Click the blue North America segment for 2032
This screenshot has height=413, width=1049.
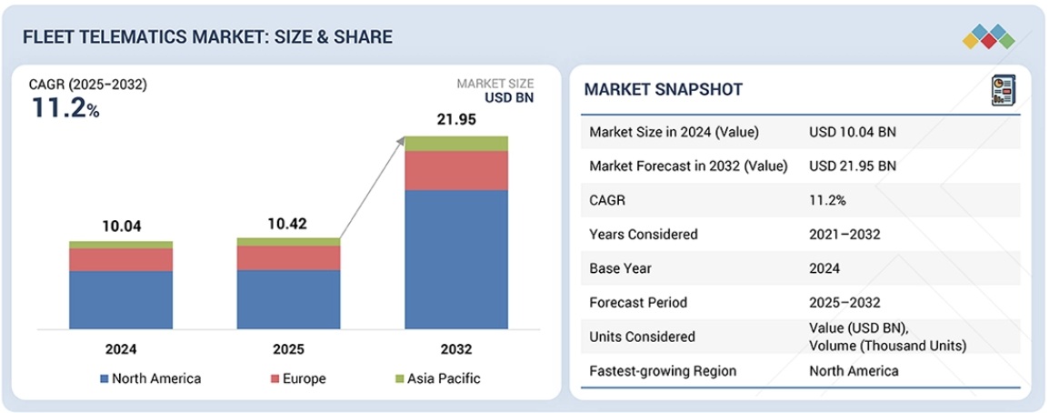pyautogui.click(x=456, y=259)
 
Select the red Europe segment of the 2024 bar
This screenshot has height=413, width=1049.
pyautogui.click(x=121, y=259)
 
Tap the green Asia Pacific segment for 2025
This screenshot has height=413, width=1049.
pyautogui.click(x=288, y=241)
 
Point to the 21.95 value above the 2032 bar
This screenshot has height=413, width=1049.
pyautogui.click(x=456, y=121)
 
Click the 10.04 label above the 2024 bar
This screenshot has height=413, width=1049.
pyautogui.click(x=121, y=227)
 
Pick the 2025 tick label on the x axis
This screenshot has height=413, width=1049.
pyautogui.click(x=288, y=348)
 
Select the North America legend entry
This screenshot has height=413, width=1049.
pyautogui.click(x=150, y=378)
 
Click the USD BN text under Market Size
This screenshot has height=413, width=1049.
pyautogui.click(x=508, y=98)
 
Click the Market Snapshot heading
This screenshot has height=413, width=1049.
pyautogui.click(x=663, y=89)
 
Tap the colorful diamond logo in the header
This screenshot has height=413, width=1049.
pyautogui.click(x=988, y=36)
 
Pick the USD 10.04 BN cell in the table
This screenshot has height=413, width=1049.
pyautogui.click(x=852, y=132)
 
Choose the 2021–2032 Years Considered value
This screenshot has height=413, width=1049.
pyautogui.click(x=844, y=234)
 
